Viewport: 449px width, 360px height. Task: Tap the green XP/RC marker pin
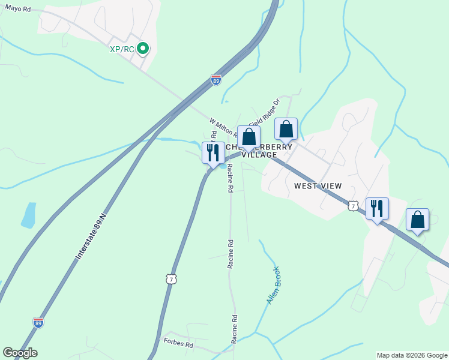click(x=143, y=49)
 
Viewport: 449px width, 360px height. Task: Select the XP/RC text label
click(x=122, y=49)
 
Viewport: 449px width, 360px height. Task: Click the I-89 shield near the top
click(x=216, y=80)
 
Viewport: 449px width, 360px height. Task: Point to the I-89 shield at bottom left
click(x=38, y=322)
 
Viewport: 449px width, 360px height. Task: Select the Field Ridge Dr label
click(x=264, y=112)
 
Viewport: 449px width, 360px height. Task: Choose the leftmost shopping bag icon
click(x=249, y=137)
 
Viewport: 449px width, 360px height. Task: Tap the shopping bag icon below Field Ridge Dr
click(x=286, y=129)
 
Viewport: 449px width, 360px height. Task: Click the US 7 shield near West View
click(x=352, y=206)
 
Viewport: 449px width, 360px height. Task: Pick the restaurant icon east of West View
click(x=377, y=209)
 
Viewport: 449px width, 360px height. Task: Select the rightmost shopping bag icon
click(x=417, y=220)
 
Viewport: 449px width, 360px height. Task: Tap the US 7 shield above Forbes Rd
click(x=172, y=279)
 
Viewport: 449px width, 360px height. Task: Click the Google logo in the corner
click(x=20, y=353)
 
